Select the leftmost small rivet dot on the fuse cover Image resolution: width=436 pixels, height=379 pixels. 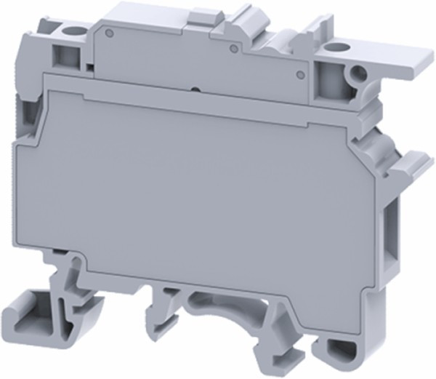click(108, 33)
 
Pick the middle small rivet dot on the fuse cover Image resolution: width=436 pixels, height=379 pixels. click(232, 49)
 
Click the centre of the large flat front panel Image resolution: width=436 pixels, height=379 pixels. click(203, 189)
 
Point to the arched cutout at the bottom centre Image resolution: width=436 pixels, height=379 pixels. click(222, 306)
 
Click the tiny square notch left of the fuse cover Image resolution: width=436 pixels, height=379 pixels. click(88, 68)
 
